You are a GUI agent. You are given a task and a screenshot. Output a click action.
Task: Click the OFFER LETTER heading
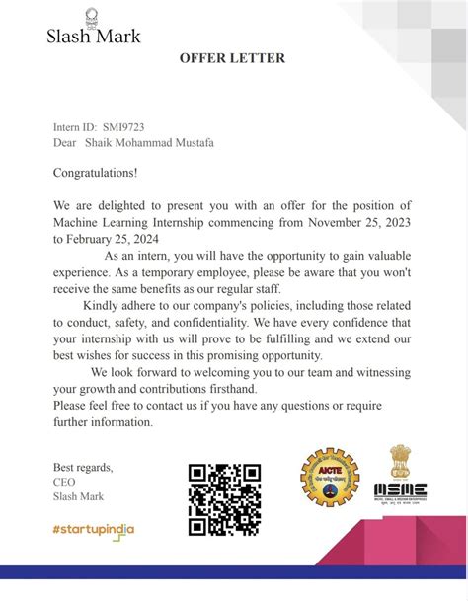point(232,58)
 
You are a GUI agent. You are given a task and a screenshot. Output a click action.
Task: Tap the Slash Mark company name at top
point(94,37)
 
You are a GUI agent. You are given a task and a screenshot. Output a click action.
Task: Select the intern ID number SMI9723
point(122,127)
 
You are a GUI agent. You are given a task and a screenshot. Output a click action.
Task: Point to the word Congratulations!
point(96,173)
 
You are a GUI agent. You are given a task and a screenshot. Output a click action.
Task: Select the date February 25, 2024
point(111,238)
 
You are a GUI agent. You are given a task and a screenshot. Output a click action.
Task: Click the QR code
point(224,498)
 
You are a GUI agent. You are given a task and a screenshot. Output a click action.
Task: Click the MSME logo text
point(400,490)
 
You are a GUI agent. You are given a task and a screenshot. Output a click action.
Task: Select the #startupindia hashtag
point(94,530)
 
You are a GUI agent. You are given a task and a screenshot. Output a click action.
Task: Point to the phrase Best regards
point(83,467)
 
